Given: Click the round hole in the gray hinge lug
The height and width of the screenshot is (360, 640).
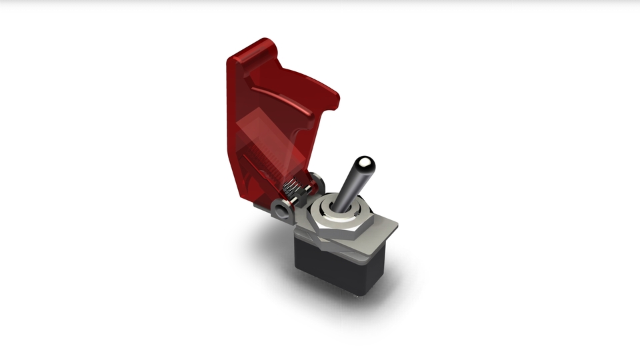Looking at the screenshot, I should coord(281,212).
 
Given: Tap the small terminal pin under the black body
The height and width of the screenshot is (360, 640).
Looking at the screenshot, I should coord(363,297).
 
